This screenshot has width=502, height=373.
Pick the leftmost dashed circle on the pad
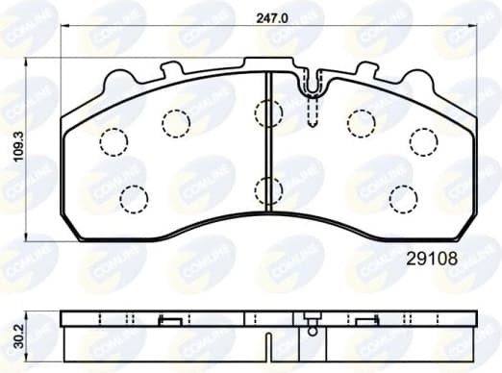click(x=114, y=140)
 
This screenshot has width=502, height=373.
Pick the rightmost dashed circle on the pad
click(x=423, y=140)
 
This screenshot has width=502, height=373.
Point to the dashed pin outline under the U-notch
click(x=312, y=114)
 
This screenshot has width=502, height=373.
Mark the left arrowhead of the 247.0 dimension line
click(x=63, y=27)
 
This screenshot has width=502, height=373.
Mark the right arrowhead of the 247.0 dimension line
click(x=476, y=27)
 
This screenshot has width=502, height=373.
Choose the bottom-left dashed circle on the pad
click(x=134, y=198)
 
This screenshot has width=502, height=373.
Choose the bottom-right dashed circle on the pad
click(x=403, y=198)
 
